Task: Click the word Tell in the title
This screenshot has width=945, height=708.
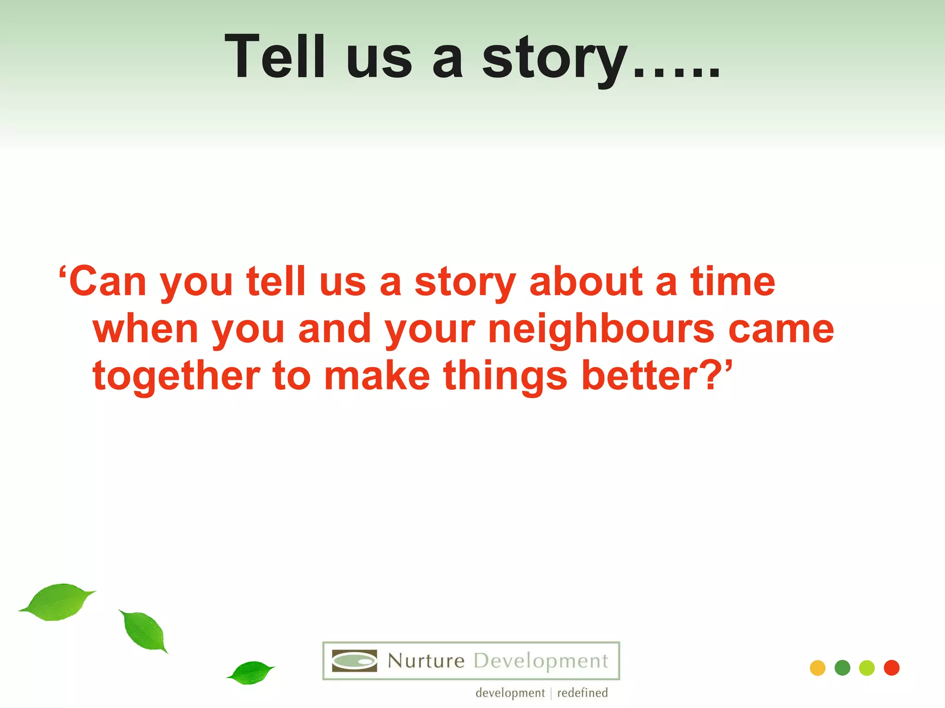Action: pyautogui.click(x=276, y=58)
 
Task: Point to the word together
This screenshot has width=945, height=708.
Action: pyautogui.click(x=176, y=377)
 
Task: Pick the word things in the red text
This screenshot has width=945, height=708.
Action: pyautogui.click(x=505, y=377)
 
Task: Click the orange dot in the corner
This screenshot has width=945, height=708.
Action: pyautogui.click(x=817, y=668)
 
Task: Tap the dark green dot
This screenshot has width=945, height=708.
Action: pyautogui.click(x=842, y=668)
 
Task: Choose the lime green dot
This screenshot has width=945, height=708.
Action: pyautogui.click(x=867, y=668)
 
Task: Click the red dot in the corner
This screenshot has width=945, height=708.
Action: pyautogui.click(x=891, y=668)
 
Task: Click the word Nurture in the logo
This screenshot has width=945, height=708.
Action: pyautogui.click(x=425, y=661)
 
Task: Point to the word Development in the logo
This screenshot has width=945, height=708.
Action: pyautogui.click(x=541, y=661)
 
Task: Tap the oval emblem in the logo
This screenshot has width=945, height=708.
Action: pyautogui.click(x=354, y=661)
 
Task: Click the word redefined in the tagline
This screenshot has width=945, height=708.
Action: pyautogui.click(x=582, y=693)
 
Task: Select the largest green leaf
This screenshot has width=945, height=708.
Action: pyautogui.click(x=58, y=602)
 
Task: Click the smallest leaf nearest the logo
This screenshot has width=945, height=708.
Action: pyautogui.click(x=251, y=673)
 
